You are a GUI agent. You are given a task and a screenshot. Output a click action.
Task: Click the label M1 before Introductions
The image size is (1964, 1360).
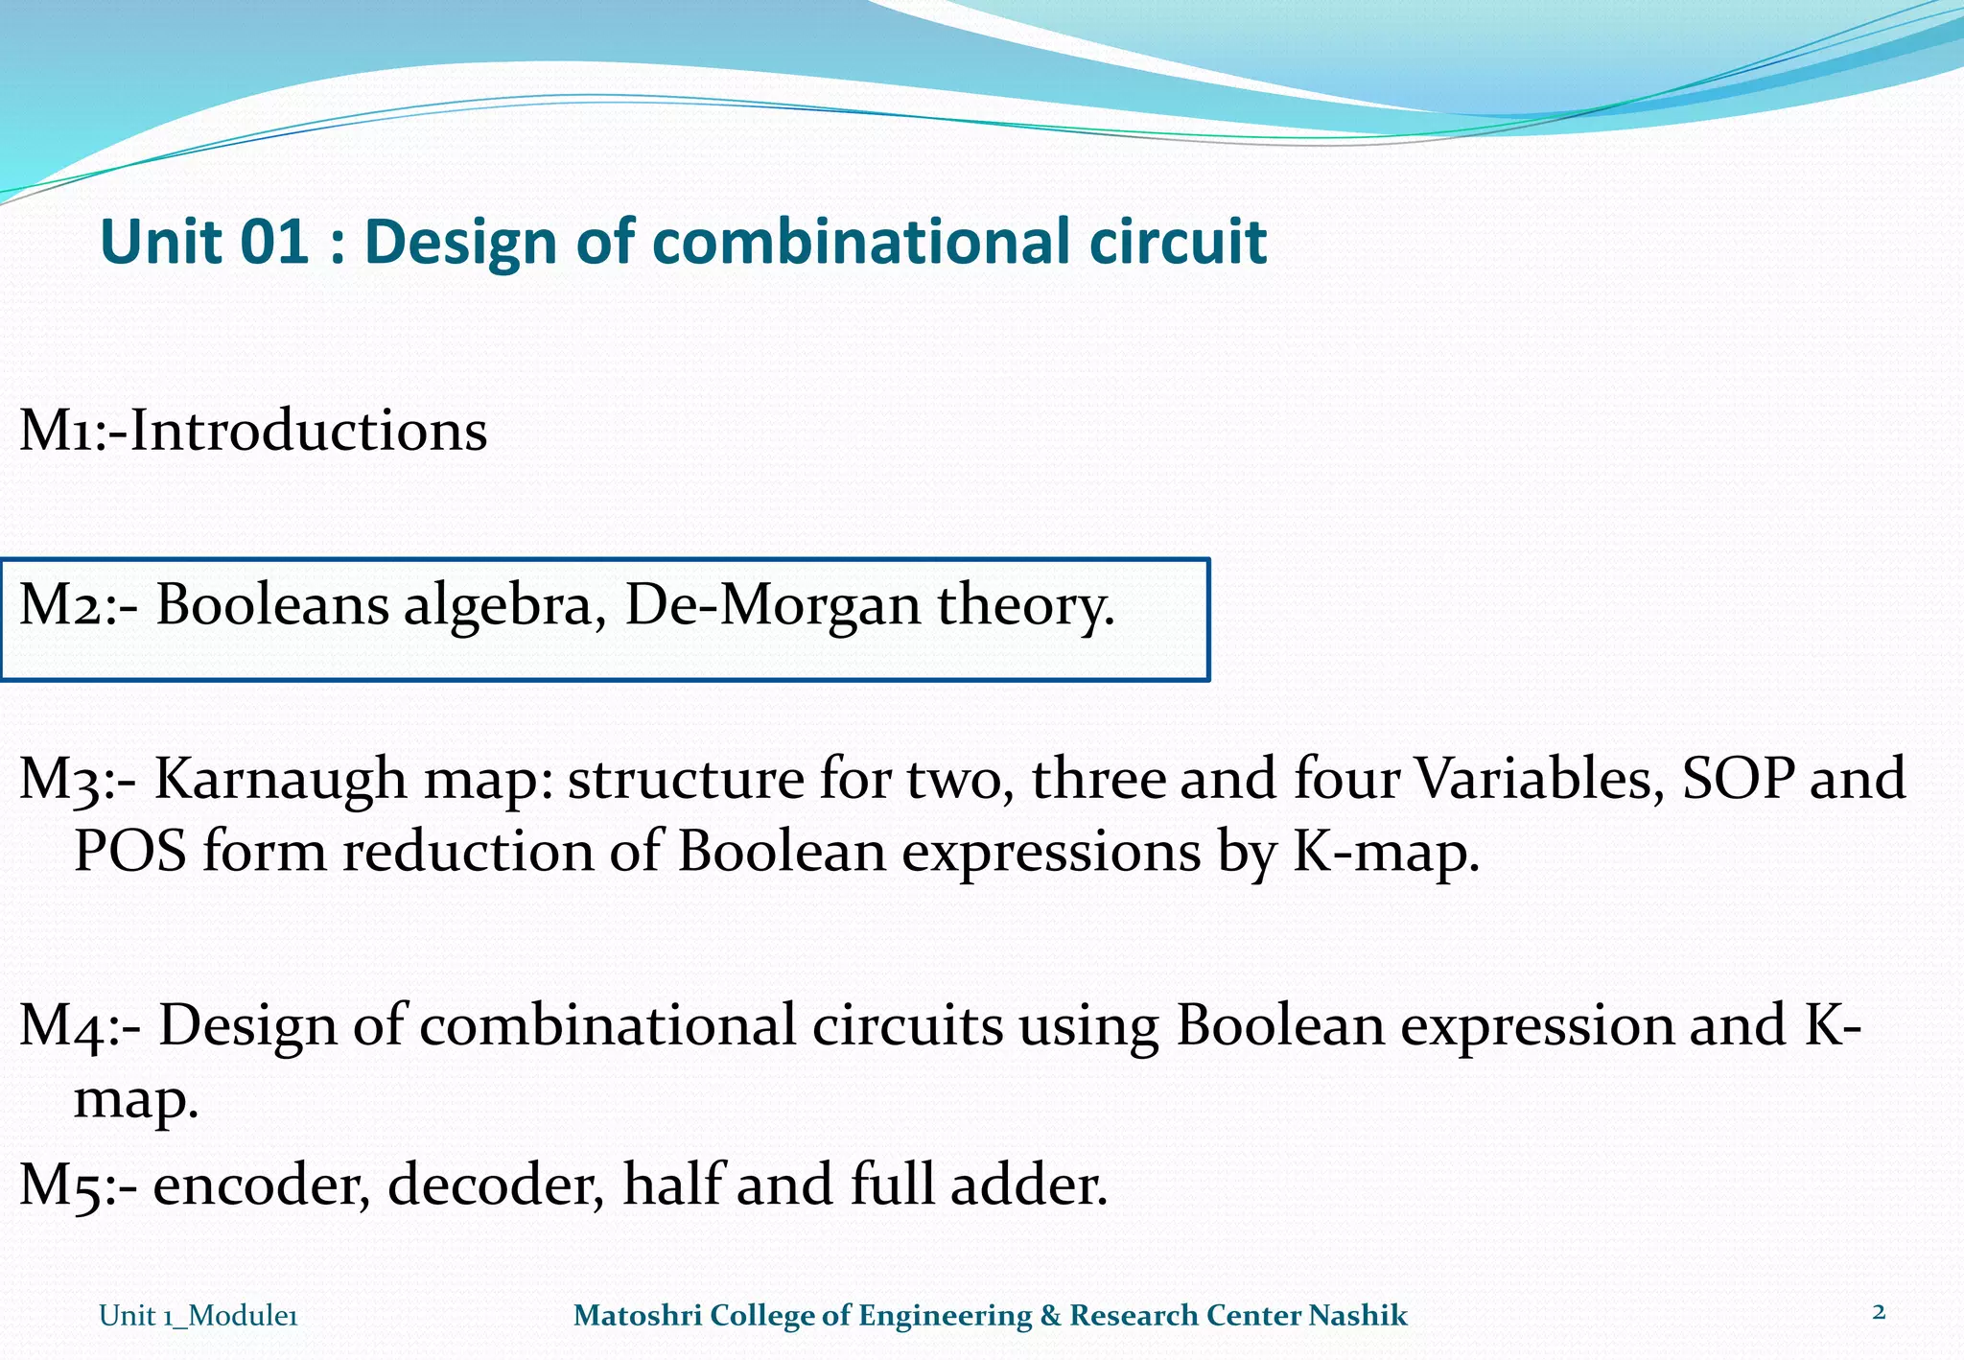(59, 431)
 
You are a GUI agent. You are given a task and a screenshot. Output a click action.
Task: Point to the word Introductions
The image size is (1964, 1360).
(309, 431)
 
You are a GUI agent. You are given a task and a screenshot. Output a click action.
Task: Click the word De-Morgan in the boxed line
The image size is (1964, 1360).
(772, 606)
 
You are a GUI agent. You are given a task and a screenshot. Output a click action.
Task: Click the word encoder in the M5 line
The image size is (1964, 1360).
(261, 1184)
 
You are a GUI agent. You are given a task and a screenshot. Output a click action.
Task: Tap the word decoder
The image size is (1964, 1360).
(495, 1184)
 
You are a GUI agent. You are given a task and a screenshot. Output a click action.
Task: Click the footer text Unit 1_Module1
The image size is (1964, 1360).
(199, 1316)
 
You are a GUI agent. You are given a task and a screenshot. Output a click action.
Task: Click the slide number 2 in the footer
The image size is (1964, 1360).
(1879, 1312)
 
